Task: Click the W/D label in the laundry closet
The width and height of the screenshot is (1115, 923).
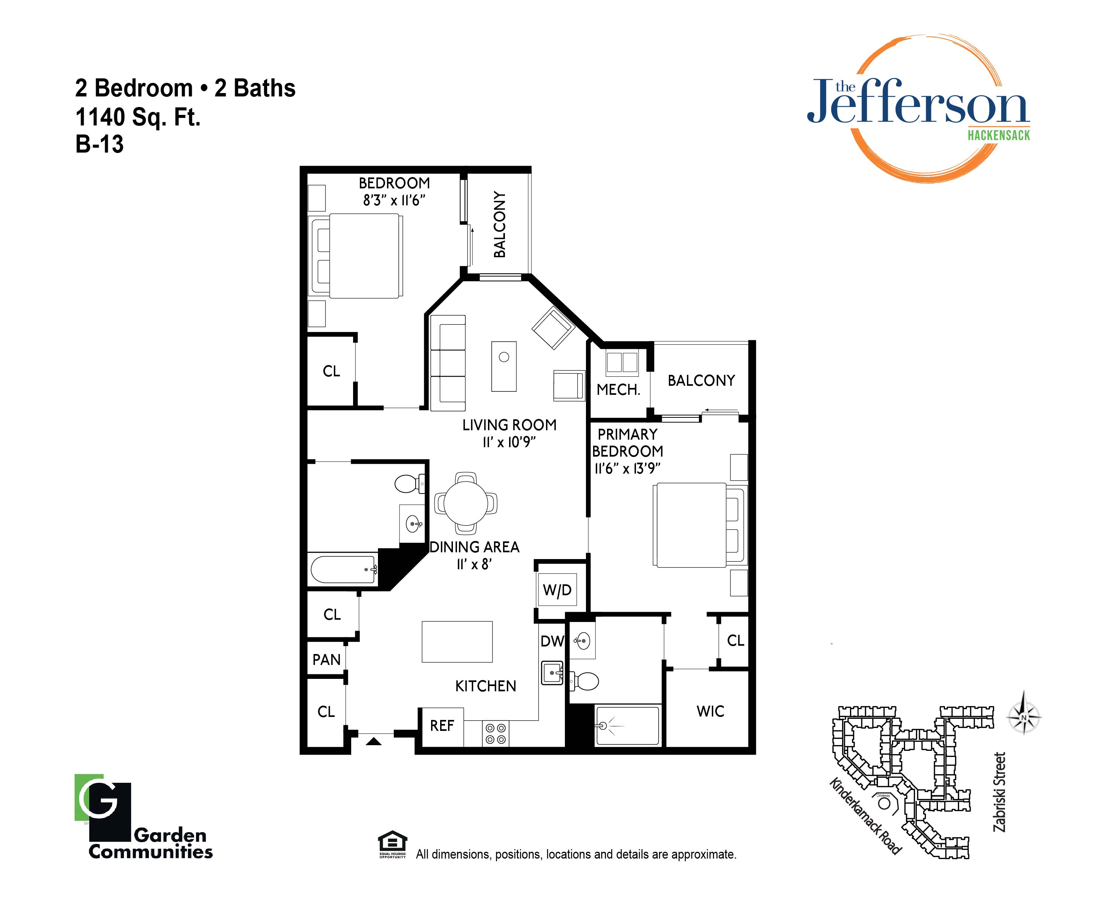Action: tap(557, 590)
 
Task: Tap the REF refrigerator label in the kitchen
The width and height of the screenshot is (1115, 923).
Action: tap(442, 726)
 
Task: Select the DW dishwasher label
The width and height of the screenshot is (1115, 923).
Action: tap(552, 641)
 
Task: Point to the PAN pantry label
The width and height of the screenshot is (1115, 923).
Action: tap(327, 660)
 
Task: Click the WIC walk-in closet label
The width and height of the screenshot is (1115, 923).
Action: tap(710, 711)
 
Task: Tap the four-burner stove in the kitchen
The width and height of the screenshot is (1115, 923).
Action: tap(496, 734)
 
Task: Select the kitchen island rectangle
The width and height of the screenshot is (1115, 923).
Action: tap(457, 642)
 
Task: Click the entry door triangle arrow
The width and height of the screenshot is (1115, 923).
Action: tap(374, 741)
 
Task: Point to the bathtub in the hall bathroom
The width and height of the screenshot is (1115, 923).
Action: tap(344, 570)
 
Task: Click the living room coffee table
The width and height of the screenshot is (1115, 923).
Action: tap(504, 366)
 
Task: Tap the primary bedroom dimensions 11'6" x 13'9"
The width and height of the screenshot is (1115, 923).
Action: tap(627, 469)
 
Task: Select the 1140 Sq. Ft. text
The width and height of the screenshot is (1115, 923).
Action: tap(138, 117)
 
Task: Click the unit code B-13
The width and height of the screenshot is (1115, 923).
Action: tap(100, 144)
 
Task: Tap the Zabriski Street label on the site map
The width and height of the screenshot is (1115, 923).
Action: tap(999, 792)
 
